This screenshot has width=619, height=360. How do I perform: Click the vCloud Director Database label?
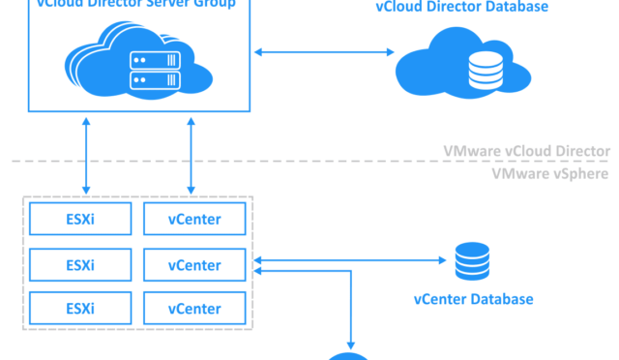[x=461, y=8]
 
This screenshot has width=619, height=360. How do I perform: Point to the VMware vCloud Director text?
[x=526, y=152]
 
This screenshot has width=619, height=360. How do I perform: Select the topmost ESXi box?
[x=80, y=220]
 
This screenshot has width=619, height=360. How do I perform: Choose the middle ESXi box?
[x=80, y=264]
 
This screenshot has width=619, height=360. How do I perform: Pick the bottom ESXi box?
[x=80, y=309]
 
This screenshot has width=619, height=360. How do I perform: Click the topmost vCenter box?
[x=194, y=220]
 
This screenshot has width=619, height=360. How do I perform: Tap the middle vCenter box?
[x=194, y=264]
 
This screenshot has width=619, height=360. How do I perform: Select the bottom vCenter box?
[x=194, y=309]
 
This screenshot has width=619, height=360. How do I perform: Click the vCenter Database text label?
[x=473, y=299]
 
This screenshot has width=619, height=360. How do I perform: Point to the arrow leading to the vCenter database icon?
[x=348, y=259]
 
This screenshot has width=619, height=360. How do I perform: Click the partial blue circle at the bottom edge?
[x=348, y=356]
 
